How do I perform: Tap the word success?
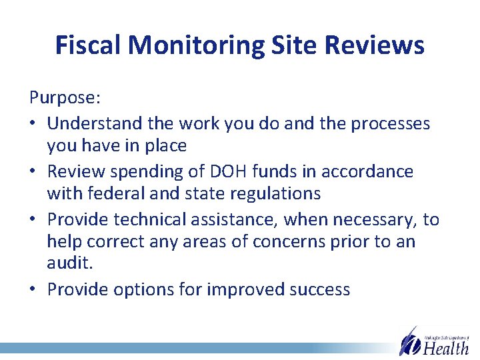click(316, 289)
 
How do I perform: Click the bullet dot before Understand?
click(33, 124)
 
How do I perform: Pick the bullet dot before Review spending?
click(33, 172)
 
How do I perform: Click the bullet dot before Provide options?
click(33, 290)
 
